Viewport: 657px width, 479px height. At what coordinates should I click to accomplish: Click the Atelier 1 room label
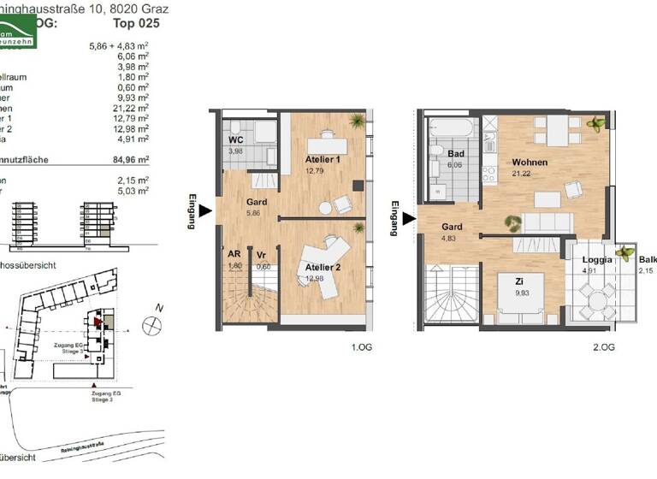coord(323,160)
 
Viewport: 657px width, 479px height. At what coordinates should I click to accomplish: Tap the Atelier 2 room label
coord(323,268)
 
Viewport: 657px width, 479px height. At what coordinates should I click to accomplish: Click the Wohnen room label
coord(530,163)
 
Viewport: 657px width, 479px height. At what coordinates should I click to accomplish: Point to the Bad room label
coord(455,154)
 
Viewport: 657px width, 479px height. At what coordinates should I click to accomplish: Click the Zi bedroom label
coord(519,281)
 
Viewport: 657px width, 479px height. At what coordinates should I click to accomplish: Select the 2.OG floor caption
coord(602,347)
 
